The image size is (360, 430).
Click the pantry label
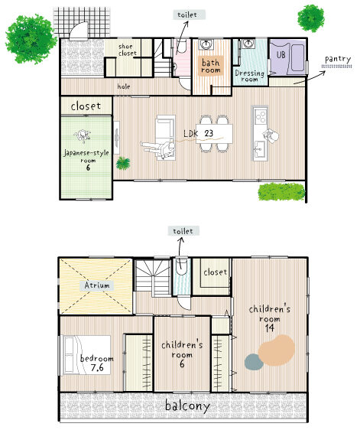(x=338, y=59)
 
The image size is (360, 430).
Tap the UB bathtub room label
(x=281, y=55)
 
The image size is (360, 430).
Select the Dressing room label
(x=249, y=76)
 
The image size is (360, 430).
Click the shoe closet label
(x=128, y=50)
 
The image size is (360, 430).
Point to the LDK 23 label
(x=198, y=134)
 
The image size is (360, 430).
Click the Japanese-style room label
(x=86, y=160)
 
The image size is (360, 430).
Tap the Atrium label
(x=97, y=285)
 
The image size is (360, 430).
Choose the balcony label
(x=188, y=406)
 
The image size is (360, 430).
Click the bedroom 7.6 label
(x=96, y=363)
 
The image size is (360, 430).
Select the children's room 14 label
(x=270, y=318)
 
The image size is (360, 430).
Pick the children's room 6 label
(x=182, y=354)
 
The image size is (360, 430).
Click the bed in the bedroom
(x=87, y=355)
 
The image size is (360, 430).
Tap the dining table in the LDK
(x=214, y=134)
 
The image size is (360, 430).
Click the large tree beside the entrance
(x=31, y=39)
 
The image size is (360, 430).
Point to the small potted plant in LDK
(x=123, y=163)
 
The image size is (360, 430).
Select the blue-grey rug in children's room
(x=254, y=362)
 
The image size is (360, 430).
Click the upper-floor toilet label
(x=183, y=231)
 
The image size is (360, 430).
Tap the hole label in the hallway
(x=124, y=86)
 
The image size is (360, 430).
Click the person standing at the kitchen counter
(x=271, y=136)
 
